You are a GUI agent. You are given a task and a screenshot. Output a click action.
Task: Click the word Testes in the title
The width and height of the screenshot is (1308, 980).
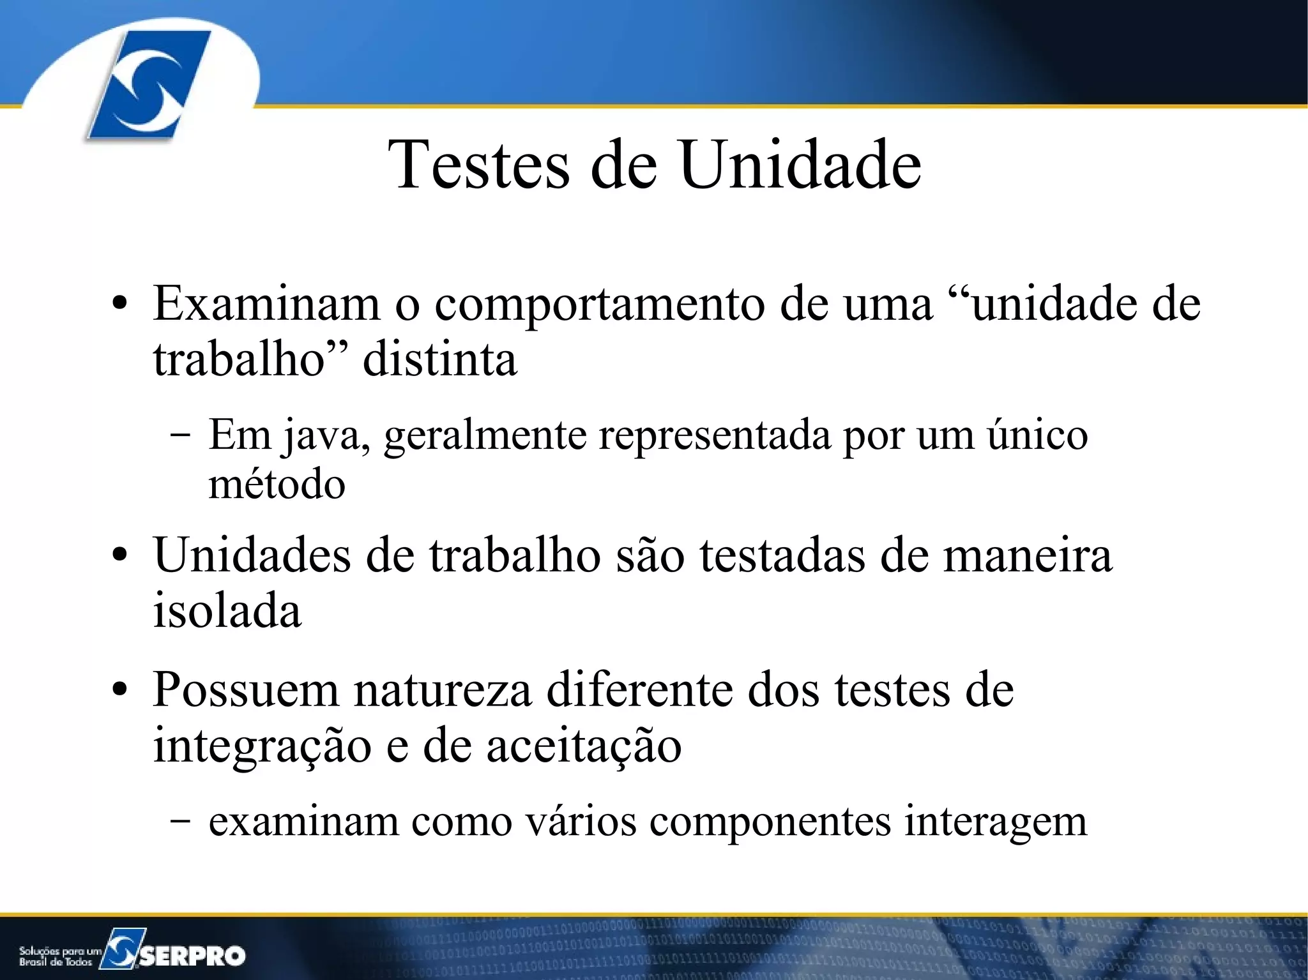point(479,165)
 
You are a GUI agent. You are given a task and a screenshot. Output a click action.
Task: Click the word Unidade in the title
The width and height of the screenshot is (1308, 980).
point(800,165)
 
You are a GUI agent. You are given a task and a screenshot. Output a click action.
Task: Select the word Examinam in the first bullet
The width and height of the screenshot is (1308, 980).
point(266,303)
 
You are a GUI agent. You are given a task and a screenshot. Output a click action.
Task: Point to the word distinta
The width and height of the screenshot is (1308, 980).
point(439,359)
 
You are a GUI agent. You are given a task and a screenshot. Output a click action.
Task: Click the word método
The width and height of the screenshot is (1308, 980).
point(277,484)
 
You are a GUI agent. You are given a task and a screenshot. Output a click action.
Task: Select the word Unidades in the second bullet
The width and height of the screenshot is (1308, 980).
point(252,555)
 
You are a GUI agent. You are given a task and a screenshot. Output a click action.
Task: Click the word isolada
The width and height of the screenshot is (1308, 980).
point(227,610)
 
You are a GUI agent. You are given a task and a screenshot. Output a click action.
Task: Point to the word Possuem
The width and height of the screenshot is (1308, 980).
point(245,690)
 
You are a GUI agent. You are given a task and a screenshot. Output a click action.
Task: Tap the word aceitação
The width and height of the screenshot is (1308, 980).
point(584,746)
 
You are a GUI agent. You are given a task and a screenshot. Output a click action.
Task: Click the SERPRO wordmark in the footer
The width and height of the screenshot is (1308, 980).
point(192,956)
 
